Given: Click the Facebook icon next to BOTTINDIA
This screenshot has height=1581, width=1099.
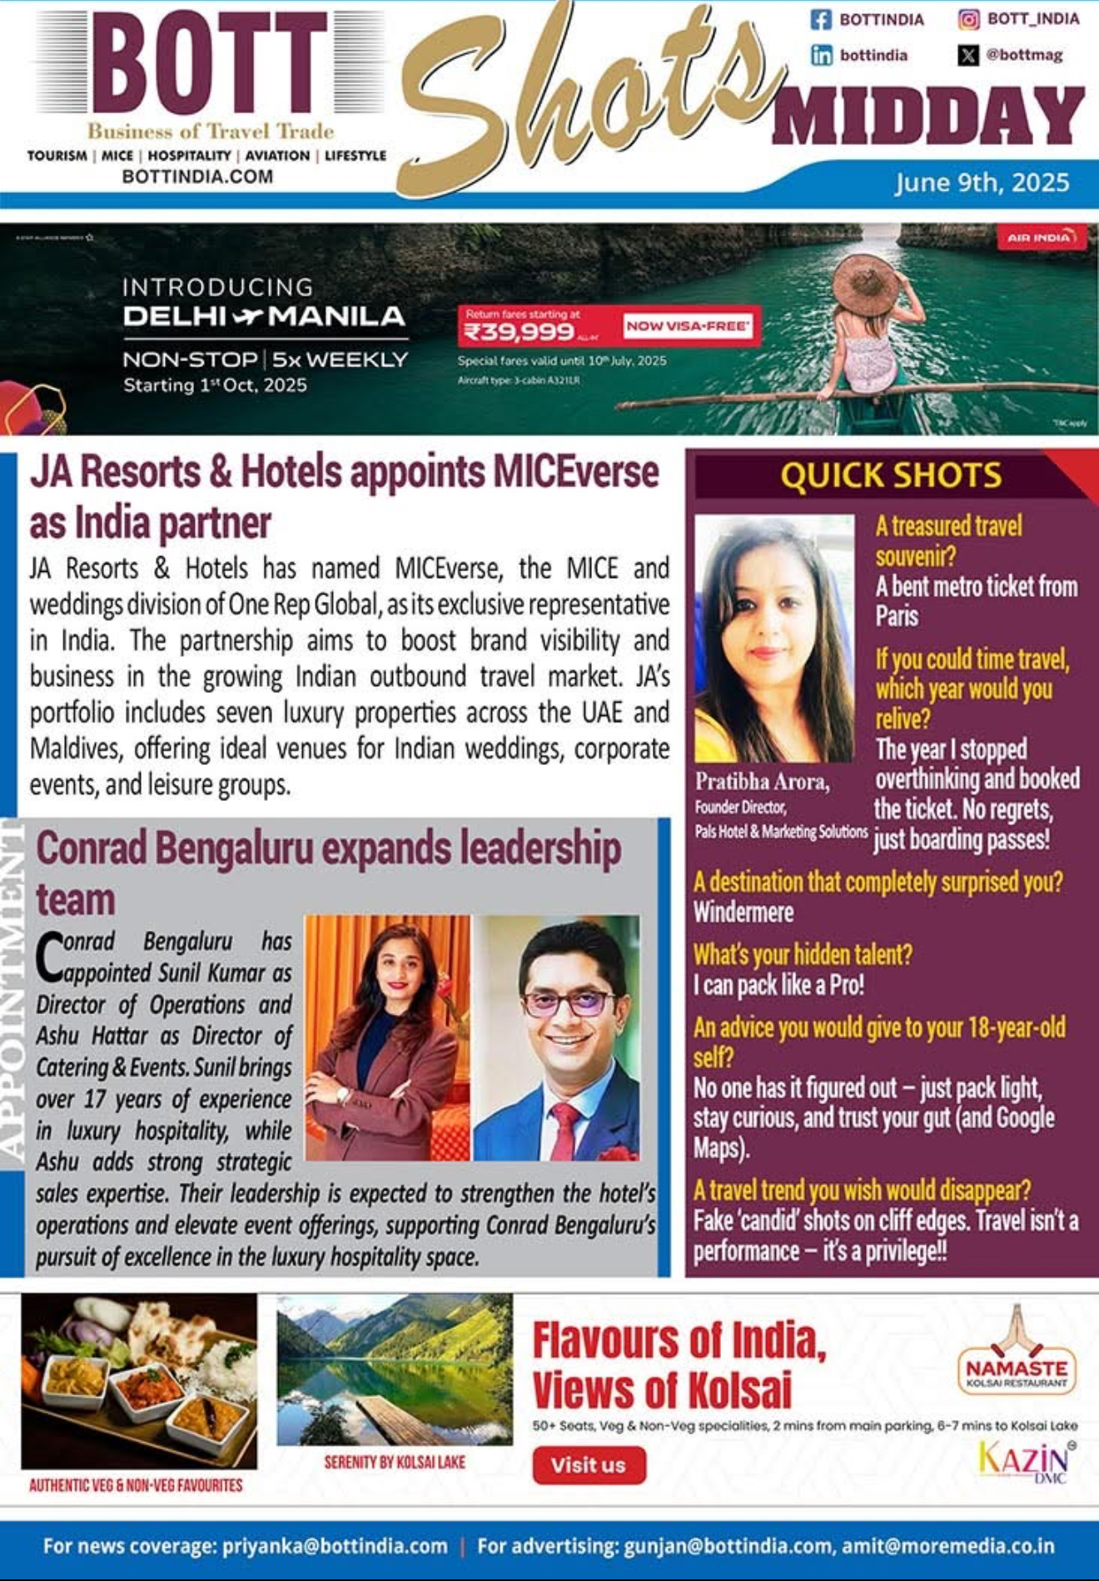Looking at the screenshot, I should [821, 19].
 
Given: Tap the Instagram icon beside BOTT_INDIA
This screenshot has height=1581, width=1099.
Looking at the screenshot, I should [968, 19].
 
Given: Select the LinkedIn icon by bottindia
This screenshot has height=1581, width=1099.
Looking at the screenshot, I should [822, 56].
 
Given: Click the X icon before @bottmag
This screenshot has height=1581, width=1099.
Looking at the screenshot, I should [968, 56].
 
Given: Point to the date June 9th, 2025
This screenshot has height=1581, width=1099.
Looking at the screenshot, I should [982, 183].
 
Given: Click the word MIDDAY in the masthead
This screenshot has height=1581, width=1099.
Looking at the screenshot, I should [928, 117].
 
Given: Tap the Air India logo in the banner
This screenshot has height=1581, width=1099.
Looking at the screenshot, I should [1041, 237].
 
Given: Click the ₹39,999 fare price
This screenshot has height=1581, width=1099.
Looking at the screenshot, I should [520, 332].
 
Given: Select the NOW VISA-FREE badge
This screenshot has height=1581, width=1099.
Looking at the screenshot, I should [688, 326].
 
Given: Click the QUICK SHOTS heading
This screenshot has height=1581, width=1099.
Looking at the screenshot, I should [891, 476].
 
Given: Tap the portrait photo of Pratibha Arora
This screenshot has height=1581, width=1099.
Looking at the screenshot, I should [774, 639].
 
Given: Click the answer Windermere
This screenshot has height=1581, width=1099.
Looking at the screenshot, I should [743, 912].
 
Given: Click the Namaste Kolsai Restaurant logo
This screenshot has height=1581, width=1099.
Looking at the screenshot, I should [1016, 1355].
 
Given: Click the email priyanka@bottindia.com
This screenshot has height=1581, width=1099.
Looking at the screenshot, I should [335, 1546].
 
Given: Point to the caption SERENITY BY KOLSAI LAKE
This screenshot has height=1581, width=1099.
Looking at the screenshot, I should [395, 1462].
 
